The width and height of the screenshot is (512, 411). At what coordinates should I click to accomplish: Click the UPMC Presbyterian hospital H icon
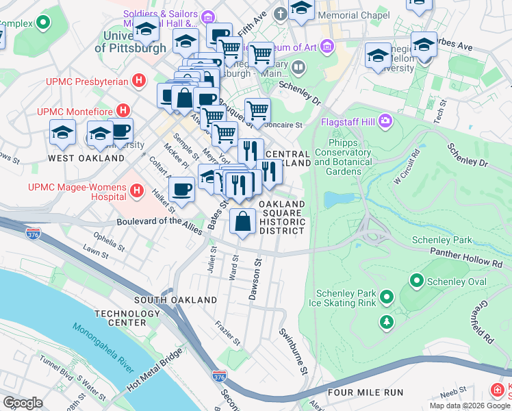pyautogui.click(x=140, y=82)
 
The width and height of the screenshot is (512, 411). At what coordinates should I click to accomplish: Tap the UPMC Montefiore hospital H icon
pyautogui.click(x=123, y=110)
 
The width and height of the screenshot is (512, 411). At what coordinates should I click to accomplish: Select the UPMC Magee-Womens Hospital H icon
pyautogui.click(x=136, y=190)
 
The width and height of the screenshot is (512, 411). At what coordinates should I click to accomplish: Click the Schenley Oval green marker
pyautogui.click(x=415, y=281)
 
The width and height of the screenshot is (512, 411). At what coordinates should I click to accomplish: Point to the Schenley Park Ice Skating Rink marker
pyautogui.click(x=387, y=297)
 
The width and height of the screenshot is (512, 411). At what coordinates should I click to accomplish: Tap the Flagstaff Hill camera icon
pyautogui.click(x=386, y=121)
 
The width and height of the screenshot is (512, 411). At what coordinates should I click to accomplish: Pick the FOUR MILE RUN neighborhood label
pyautogui.click(x=362, y=393)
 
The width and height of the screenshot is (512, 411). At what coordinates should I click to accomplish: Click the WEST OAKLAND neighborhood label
pyautogui.click(x=77, y=158)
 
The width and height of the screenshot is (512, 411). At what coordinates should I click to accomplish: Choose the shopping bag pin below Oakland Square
pyautogui.click(x=242, y=221)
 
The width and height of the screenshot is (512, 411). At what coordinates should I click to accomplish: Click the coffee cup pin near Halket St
pyautogui.click(x=181, y=189)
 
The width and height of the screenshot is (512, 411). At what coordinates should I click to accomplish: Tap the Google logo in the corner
pyautogui.click(x=23, y=403)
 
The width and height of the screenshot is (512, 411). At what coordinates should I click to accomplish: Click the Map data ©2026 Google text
pyautogui.click(x=469, y=406)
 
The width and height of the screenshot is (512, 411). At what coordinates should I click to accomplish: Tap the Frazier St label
pyautogui.click(x=228, y=333)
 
